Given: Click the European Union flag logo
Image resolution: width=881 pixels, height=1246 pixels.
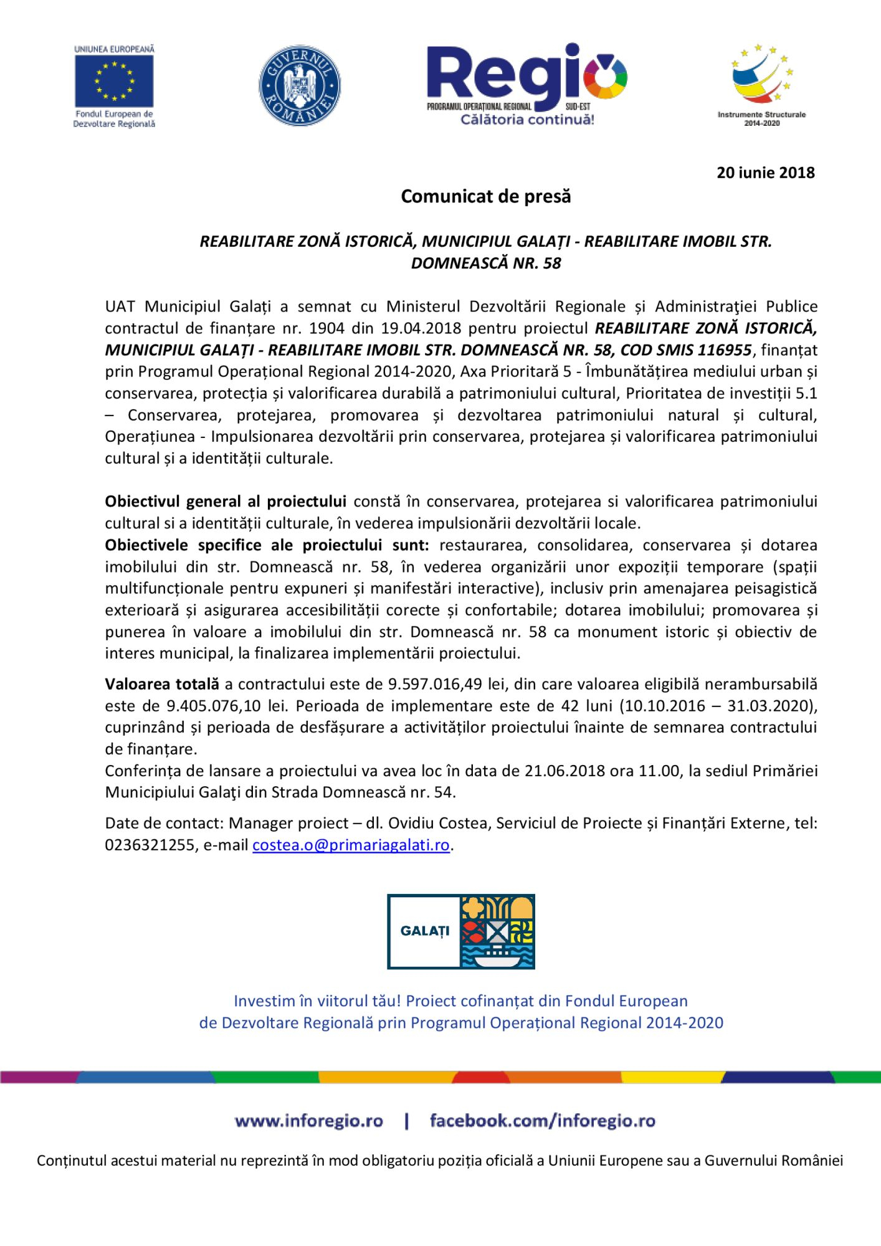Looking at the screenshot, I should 114,81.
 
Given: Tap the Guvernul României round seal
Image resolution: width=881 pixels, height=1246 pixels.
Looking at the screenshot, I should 300,85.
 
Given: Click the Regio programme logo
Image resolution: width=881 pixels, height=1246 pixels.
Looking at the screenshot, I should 526,84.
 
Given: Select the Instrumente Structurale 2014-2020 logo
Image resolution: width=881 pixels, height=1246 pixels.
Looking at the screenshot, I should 761,84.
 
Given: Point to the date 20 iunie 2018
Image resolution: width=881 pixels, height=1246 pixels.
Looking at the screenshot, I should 765,173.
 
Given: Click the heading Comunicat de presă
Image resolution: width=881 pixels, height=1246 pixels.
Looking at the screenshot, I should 485,196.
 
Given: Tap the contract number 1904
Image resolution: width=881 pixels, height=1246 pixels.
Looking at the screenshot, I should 326,328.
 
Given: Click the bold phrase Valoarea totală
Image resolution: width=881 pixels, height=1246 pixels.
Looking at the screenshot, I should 161,684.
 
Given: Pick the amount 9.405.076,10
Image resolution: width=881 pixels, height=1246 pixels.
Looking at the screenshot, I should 214,706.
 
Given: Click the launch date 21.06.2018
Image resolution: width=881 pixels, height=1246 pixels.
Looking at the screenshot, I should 564,771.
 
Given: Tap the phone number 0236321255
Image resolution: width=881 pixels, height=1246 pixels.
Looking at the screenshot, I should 150,845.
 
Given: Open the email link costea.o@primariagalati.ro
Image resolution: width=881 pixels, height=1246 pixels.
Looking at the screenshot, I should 351,845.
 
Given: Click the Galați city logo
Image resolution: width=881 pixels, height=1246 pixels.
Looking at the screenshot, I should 460,931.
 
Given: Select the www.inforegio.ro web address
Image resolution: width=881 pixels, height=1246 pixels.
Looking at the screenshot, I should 308,1121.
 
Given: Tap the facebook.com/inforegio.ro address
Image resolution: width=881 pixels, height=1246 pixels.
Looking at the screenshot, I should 542,1121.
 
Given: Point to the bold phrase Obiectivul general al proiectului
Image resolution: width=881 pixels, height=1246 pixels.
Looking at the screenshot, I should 225,502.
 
